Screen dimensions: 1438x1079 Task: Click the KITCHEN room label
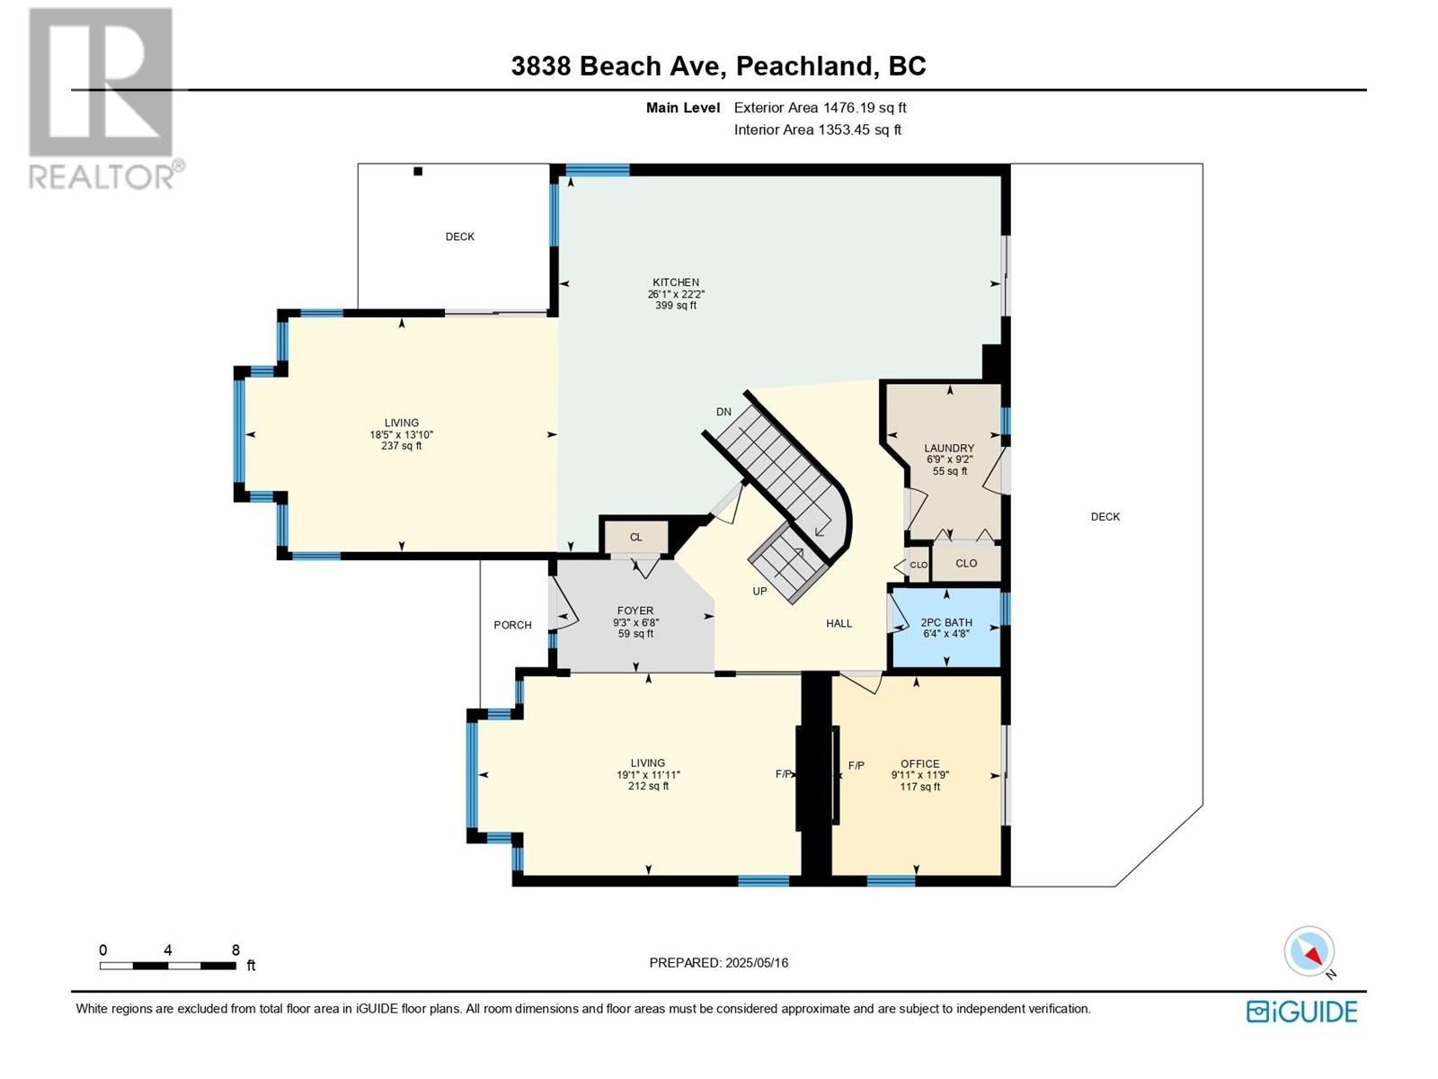pos(676,282)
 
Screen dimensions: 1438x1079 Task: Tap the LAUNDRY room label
pos(948,448)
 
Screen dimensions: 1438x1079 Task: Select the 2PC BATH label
pos(946,622)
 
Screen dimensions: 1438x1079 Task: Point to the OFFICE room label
pos(919,764)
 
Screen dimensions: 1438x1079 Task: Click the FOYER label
pos(635,611)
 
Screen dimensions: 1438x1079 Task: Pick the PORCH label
pos(512,625)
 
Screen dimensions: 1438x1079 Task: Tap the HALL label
pos(839,623)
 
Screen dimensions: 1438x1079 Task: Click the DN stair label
pos(723,412)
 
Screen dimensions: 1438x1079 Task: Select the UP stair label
pos(759,591)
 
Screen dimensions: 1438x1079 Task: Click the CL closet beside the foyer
pos(635,537)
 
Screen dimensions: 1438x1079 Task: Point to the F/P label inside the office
pos(856,765)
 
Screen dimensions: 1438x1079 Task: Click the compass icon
pos(1309,950)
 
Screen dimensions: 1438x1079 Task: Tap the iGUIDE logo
pos(1301,1012)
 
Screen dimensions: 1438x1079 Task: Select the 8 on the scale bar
pos(235,950)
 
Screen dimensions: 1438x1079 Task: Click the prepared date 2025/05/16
pos(757,962)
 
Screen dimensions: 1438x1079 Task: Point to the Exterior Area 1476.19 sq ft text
pos(821,107)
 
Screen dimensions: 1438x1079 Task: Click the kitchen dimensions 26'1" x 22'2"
pos(676,294)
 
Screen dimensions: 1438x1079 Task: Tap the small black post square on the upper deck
pos(418,172)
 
